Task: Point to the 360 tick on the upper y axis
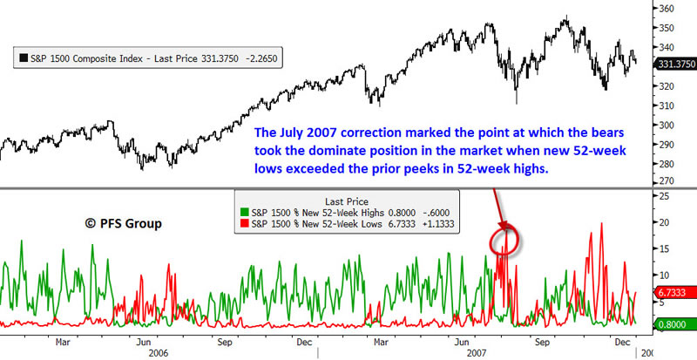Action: click(x=667, y=9)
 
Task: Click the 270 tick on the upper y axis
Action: click(x=667, y=180)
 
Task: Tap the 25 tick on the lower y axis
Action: click(x=665, y=196)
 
